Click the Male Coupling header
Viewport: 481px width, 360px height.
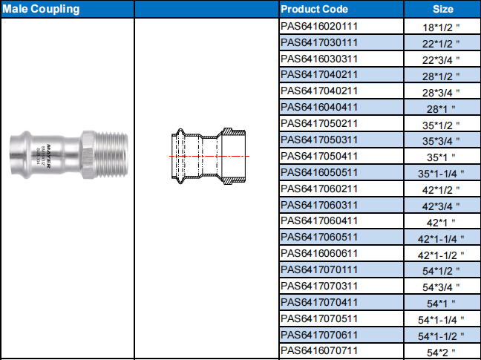[41, 9]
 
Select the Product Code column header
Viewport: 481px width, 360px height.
[314, 9]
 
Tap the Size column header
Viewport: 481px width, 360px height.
[442, 9]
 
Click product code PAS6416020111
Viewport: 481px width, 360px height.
[319, 27]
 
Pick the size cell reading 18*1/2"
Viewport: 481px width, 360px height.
[441, 27]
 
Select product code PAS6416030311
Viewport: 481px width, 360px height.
[319, 59]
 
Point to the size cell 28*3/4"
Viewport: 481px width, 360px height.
[441, 92]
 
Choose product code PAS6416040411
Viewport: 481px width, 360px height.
[319, 108]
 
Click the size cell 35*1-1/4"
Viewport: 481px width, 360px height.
[441, 174]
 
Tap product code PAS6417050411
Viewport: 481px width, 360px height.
[319, 156]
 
